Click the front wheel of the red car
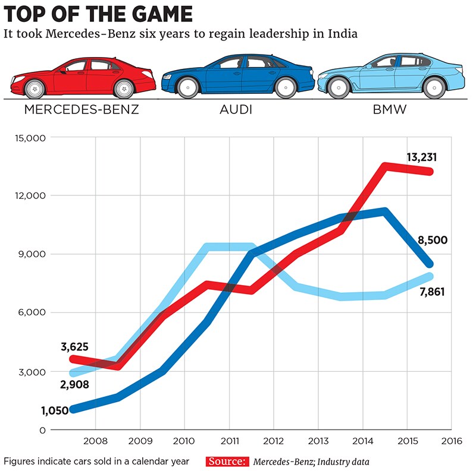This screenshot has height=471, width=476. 35,88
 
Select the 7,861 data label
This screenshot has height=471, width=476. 432,292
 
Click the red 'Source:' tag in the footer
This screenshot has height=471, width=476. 228,461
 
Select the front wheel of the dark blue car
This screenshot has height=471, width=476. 188,88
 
